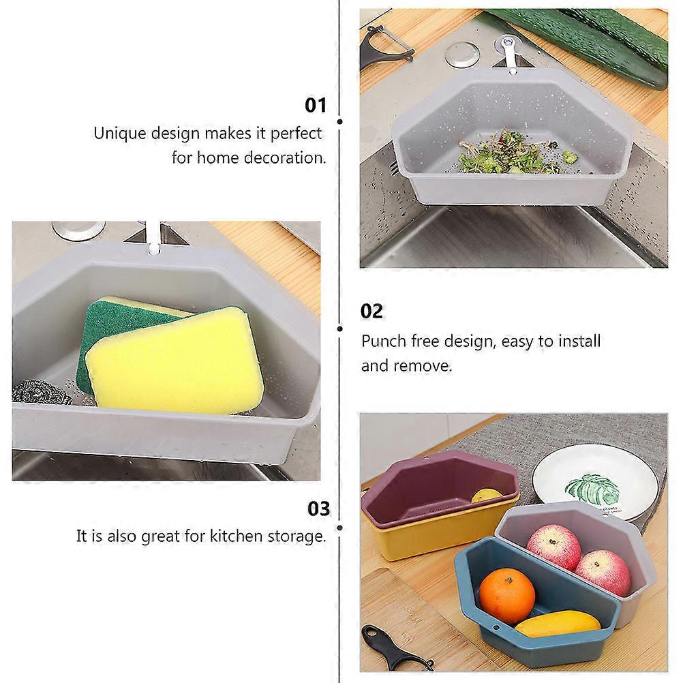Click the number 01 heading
click(x=316, y=106)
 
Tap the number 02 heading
click(x=372, y=312)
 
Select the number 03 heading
click(x=318, y=509)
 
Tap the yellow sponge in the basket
click(x=177, y=364)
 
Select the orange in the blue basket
click(x=506, y=595)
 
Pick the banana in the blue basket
click(x=558, y=624)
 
